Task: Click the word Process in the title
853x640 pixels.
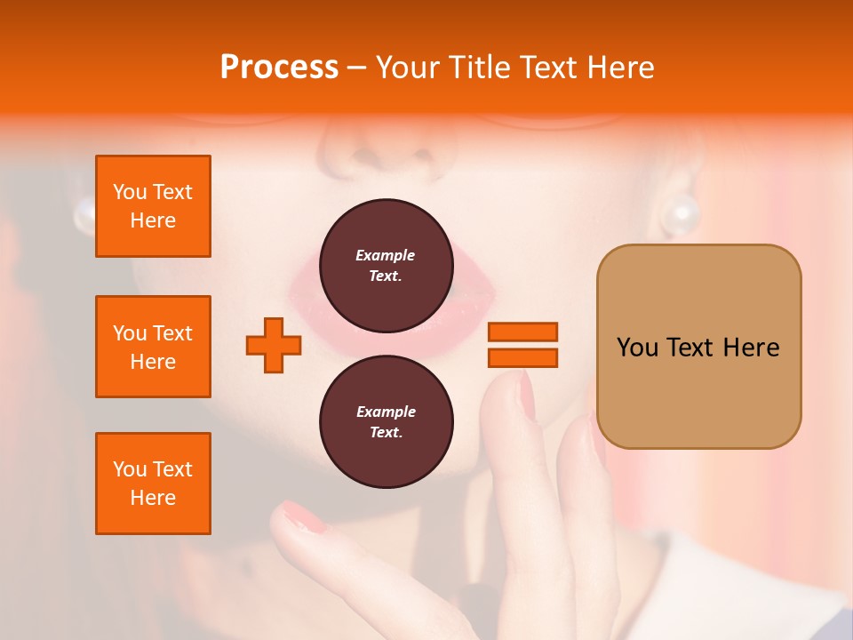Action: click(279, 68)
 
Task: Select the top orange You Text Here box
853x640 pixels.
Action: click(153, 206)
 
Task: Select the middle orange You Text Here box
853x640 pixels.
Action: click(153, 347)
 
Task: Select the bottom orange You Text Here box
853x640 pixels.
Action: click(153, 484)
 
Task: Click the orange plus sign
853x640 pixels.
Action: click(274, 345)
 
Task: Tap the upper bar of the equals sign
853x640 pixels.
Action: click(522, 332)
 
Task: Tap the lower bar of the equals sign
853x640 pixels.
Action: click(522, 357)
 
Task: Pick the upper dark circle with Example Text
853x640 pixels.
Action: click(386, 266)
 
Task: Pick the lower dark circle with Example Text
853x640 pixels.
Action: click(386, 422)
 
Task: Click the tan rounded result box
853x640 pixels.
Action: click(698, 347)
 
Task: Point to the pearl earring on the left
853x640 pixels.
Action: click(84, 213)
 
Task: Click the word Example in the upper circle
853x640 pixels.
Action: click(386, 255)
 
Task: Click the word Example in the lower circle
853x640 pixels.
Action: click(386, 412)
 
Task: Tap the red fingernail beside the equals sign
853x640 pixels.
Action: click(526, 396)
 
